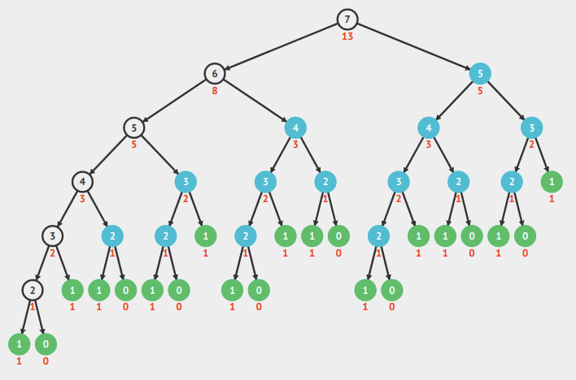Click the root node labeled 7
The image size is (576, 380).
tap(347, 19)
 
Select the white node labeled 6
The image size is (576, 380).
tap(214, 74)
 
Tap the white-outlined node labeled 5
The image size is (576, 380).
tap(134, 127)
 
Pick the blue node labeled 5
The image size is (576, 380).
tap(480, 74)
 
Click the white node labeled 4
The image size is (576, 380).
tap(81, 182)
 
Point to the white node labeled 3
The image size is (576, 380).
tap(53, 235)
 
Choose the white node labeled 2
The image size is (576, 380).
tap(33, 290)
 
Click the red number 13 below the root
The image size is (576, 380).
tap(347, 37)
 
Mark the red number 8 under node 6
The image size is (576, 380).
tap(215, 91)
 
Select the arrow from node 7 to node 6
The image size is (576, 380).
tap(281, 46)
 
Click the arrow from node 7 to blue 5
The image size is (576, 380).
tap(413, 46)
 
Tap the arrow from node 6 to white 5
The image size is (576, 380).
tap(174, 101)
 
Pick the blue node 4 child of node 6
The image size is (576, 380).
tap(295, 127)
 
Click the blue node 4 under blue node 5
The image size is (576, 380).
tap(428, 127)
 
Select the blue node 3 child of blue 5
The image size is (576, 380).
tap(531, 127)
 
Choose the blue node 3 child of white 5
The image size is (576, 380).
tap(185, 182)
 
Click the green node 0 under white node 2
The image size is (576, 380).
tap(46, 343)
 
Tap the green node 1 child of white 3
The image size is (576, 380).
tap(72, 290)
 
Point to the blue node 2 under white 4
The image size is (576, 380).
tap(112, 235)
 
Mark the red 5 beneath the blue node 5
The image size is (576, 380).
tap(480, 91)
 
